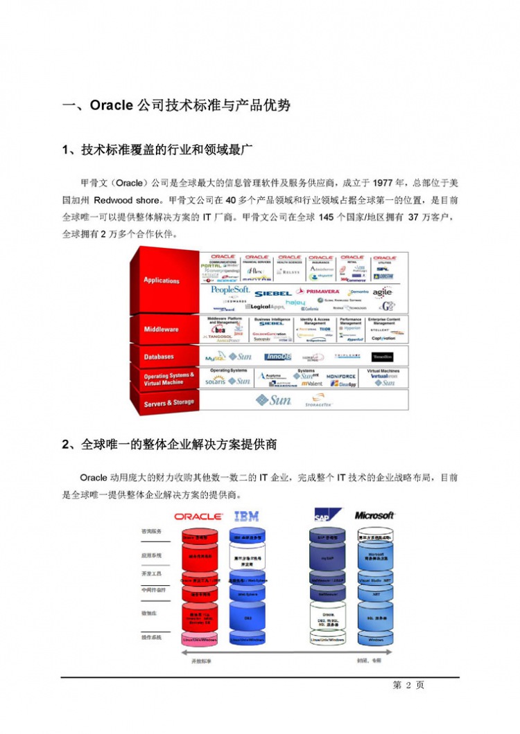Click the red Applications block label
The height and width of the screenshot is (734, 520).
pyautogui.click(x=162, y=280)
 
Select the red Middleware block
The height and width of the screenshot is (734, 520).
pyautogui.click(x=161, y=330)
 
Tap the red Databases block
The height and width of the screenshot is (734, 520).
pyautogui.click(x=159, y=357)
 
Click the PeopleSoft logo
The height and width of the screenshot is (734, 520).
pyautogui.click(x=230, y=290)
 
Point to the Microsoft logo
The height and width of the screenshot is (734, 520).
pyautogui.click(x=374, y=516)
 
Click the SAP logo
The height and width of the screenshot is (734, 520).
pyautogui.click(x=324, y=516)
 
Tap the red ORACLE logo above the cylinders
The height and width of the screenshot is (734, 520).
pyautogui.click(x=198, y=517)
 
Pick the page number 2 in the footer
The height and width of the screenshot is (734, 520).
pyautogui.click(x=409, y=686)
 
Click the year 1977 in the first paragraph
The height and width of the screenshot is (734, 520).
pyautogui.click(x=383, y=183)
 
